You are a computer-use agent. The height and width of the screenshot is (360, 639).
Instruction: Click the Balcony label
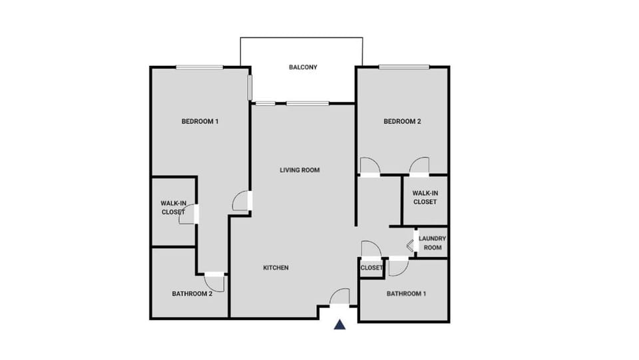tap(303, 67)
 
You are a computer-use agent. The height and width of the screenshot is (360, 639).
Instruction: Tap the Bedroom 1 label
tap(200, 121)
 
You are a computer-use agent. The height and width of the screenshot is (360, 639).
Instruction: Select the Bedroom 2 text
tap(402, 121)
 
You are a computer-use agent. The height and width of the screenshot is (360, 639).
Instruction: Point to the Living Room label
tap(300, 170)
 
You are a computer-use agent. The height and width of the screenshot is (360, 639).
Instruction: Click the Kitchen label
tap(276, 268)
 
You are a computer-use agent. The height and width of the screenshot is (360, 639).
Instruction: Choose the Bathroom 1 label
tap(406, 293)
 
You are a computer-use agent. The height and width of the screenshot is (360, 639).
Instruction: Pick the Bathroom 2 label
tap(192, 293)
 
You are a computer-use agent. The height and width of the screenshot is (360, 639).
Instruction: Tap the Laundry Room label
tap(432, 243)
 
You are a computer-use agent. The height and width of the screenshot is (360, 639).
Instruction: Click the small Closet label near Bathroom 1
tap(371, 268)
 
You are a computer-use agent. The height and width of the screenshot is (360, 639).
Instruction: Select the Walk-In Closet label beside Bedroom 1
tap(172, 208)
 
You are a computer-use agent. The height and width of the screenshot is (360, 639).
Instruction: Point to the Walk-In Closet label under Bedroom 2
tap(425, 198)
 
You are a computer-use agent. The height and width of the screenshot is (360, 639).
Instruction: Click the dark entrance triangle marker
tap(340, 325)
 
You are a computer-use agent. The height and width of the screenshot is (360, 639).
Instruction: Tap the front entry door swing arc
tap(340, 297)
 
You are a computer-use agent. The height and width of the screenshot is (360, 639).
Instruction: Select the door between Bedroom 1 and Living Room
tap(241, 200)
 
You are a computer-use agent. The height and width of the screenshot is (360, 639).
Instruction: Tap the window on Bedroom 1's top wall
tap(199, 66)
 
